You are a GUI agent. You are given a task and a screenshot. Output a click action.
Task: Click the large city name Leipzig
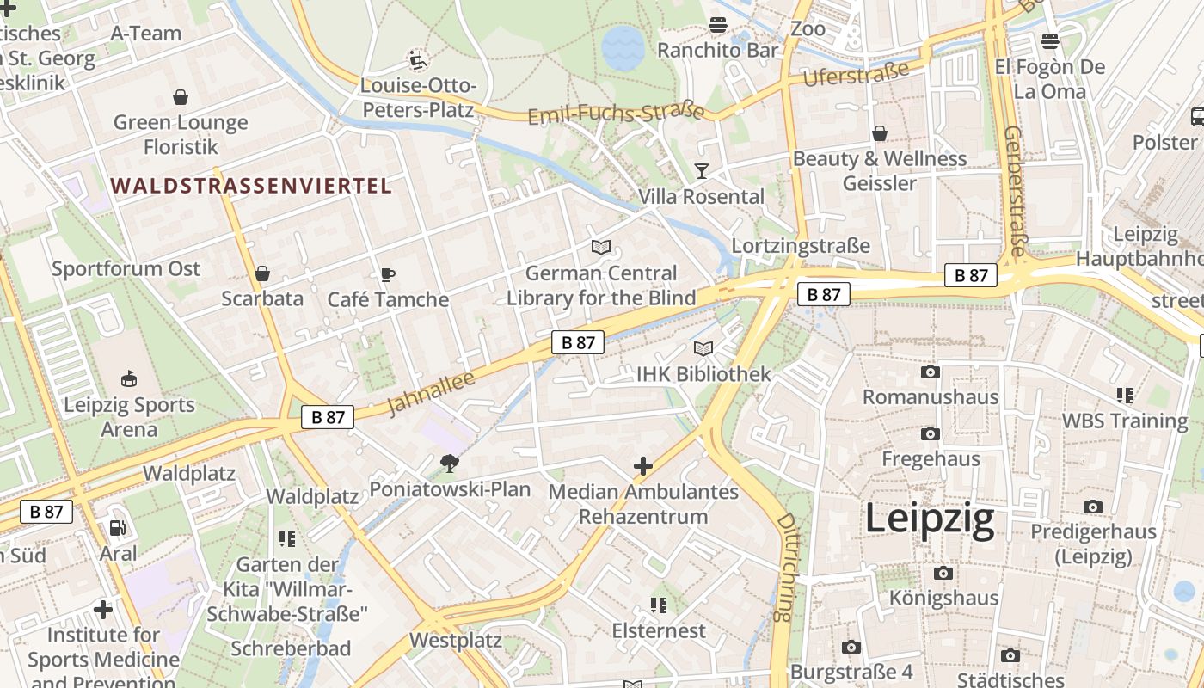click(x=929, y=519)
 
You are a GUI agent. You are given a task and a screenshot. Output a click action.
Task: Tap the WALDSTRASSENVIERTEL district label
click(x=251, y=186)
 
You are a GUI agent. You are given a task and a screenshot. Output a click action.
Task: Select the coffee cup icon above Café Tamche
click(x=388, y=275)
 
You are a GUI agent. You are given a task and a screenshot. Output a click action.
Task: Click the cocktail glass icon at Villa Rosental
click(x=702, y=170)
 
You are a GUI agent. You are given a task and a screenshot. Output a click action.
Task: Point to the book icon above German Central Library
click(x=601, y=248)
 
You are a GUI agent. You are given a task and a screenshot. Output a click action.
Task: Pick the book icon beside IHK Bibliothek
click(x=703, y=349)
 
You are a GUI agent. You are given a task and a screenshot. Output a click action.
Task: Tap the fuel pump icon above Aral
click(x=118, y=528)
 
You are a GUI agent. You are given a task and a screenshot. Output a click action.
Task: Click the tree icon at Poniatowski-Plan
click(x=449, y=464)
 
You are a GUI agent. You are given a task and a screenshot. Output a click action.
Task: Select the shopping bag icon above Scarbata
click(x=262, y=273)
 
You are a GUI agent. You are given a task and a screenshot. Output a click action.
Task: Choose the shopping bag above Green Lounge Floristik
click(x=181, y=97)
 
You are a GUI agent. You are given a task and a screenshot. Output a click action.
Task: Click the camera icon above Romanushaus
click(x=930, y=372)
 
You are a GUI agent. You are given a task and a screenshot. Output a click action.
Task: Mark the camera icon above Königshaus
click(x=943, y=573)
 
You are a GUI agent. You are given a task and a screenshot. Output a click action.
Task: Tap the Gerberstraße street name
click(x=1016, y=191)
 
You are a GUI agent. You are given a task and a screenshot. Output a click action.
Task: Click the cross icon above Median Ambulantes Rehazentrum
click(x=642, y=466)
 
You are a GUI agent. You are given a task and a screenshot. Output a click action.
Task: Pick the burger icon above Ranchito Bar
click(x=718, y=24)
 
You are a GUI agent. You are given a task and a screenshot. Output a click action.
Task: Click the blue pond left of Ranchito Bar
click(x=623, y=46)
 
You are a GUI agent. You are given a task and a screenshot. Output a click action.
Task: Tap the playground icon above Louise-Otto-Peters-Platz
click(x=418, y=60)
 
